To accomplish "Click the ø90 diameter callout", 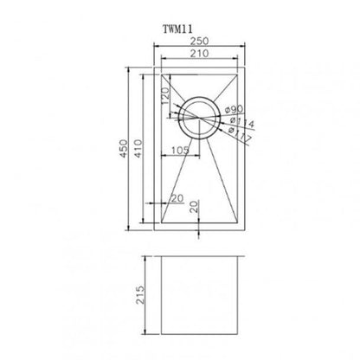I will (235, 110).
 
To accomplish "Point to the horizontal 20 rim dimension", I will (177, 198).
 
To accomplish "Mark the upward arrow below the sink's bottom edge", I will (198, 234).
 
